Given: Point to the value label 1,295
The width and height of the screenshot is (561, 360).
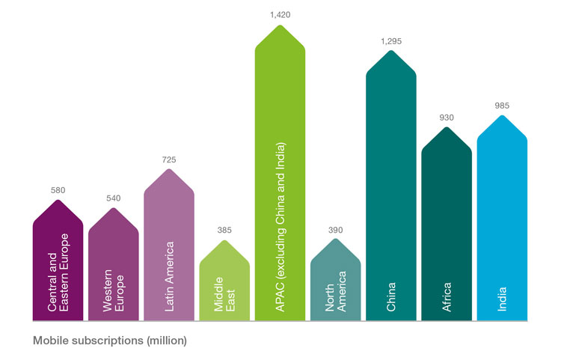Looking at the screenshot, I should point(391,42).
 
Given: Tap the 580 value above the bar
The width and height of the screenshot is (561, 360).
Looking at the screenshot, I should point(58,190).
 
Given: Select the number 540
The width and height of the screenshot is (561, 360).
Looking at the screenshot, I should point(114,198).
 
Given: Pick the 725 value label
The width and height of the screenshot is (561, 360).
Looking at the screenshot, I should point(169,159).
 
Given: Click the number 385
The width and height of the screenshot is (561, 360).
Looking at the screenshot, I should point(224,231).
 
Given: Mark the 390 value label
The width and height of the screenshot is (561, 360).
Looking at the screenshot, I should point(335,230).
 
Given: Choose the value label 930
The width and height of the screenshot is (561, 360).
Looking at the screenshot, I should point(447,118).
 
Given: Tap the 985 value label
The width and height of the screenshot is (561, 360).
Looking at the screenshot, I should point(502,106).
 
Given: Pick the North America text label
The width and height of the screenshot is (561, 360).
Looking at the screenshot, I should point(335,288).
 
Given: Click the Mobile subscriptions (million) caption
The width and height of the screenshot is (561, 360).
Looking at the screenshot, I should point(110,341).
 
